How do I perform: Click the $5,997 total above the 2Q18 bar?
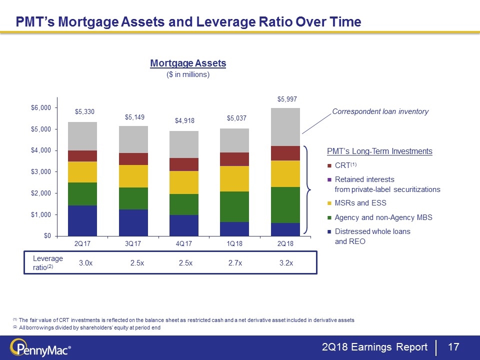[x=287, y=99]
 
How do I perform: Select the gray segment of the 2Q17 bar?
[x=82, y=136]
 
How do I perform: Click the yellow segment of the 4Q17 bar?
[x=184, y=182]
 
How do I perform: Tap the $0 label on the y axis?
[x=47, y=235]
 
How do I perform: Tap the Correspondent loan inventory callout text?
[x=380, y=111]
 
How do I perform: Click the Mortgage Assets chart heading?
[x=188, y=63]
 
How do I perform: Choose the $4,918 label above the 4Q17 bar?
[x=184, y=121]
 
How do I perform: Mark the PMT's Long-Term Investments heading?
[x=379, y=151]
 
